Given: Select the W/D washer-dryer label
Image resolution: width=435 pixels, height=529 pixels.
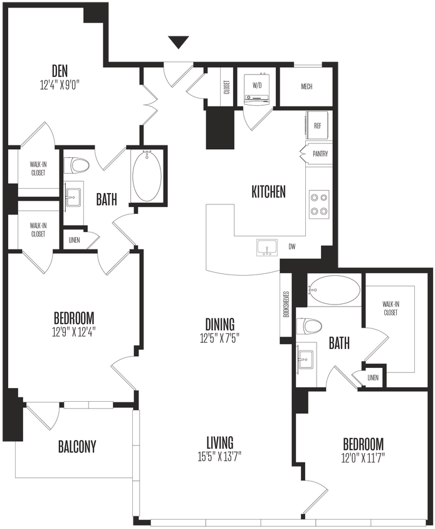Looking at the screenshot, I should [257, 84].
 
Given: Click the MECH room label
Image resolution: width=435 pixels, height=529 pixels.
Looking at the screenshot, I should [307, 87].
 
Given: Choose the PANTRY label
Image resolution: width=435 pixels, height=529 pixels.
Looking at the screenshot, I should [320, 154].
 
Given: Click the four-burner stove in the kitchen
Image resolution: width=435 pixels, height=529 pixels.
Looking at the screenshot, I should [318, 203].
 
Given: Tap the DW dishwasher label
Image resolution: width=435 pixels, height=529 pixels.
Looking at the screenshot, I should [291, 247].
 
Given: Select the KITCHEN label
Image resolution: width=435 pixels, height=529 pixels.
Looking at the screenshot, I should [268, 192].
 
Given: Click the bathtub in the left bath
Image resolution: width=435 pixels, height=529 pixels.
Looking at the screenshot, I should [147, 175].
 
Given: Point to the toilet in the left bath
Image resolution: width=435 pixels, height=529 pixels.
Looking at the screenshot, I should [78, 165].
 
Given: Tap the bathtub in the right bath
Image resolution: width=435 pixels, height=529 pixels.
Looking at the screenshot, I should [335, 290].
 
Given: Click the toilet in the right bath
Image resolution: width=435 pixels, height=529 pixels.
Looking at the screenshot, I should [310, 326].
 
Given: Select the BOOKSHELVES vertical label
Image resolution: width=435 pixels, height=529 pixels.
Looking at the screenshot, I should [285, 305].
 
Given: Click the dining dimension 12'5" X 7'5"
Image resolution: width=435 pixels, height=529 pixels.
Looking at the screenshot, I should [219, 337].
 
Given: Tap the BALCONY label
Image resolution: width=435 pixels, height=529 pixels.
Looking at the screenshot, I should [77, 446].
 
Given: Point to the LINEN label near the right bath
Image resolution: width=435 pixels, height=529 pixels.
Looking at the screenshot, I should [374, 377].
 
